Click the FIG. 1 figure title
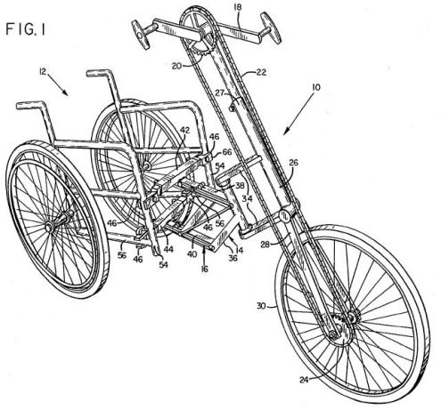point(25,29)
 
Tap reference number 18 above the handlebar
point(238,6)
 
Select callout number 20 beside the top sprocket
point(176,66)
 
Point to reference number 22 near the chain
point(261,72)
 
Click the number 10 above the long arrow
point(316,87)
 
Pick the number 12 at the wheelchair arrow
point(43,71)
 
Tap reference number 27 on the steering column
point(220,93)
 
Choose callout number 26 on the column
point(293,163)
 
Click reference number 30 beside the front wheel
point(261,306)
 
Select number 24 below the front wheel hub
point(305,380)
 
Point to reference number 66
point(227,152)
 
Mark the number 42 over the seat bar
point(184,130)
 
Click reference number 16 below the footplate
point(205,269)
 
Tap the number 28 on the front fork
point(266,245)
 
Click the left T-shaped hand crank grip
point(140,35)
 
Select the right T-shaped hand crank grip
point(270,28)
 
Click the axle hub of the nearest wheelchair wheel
point(50,227)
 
